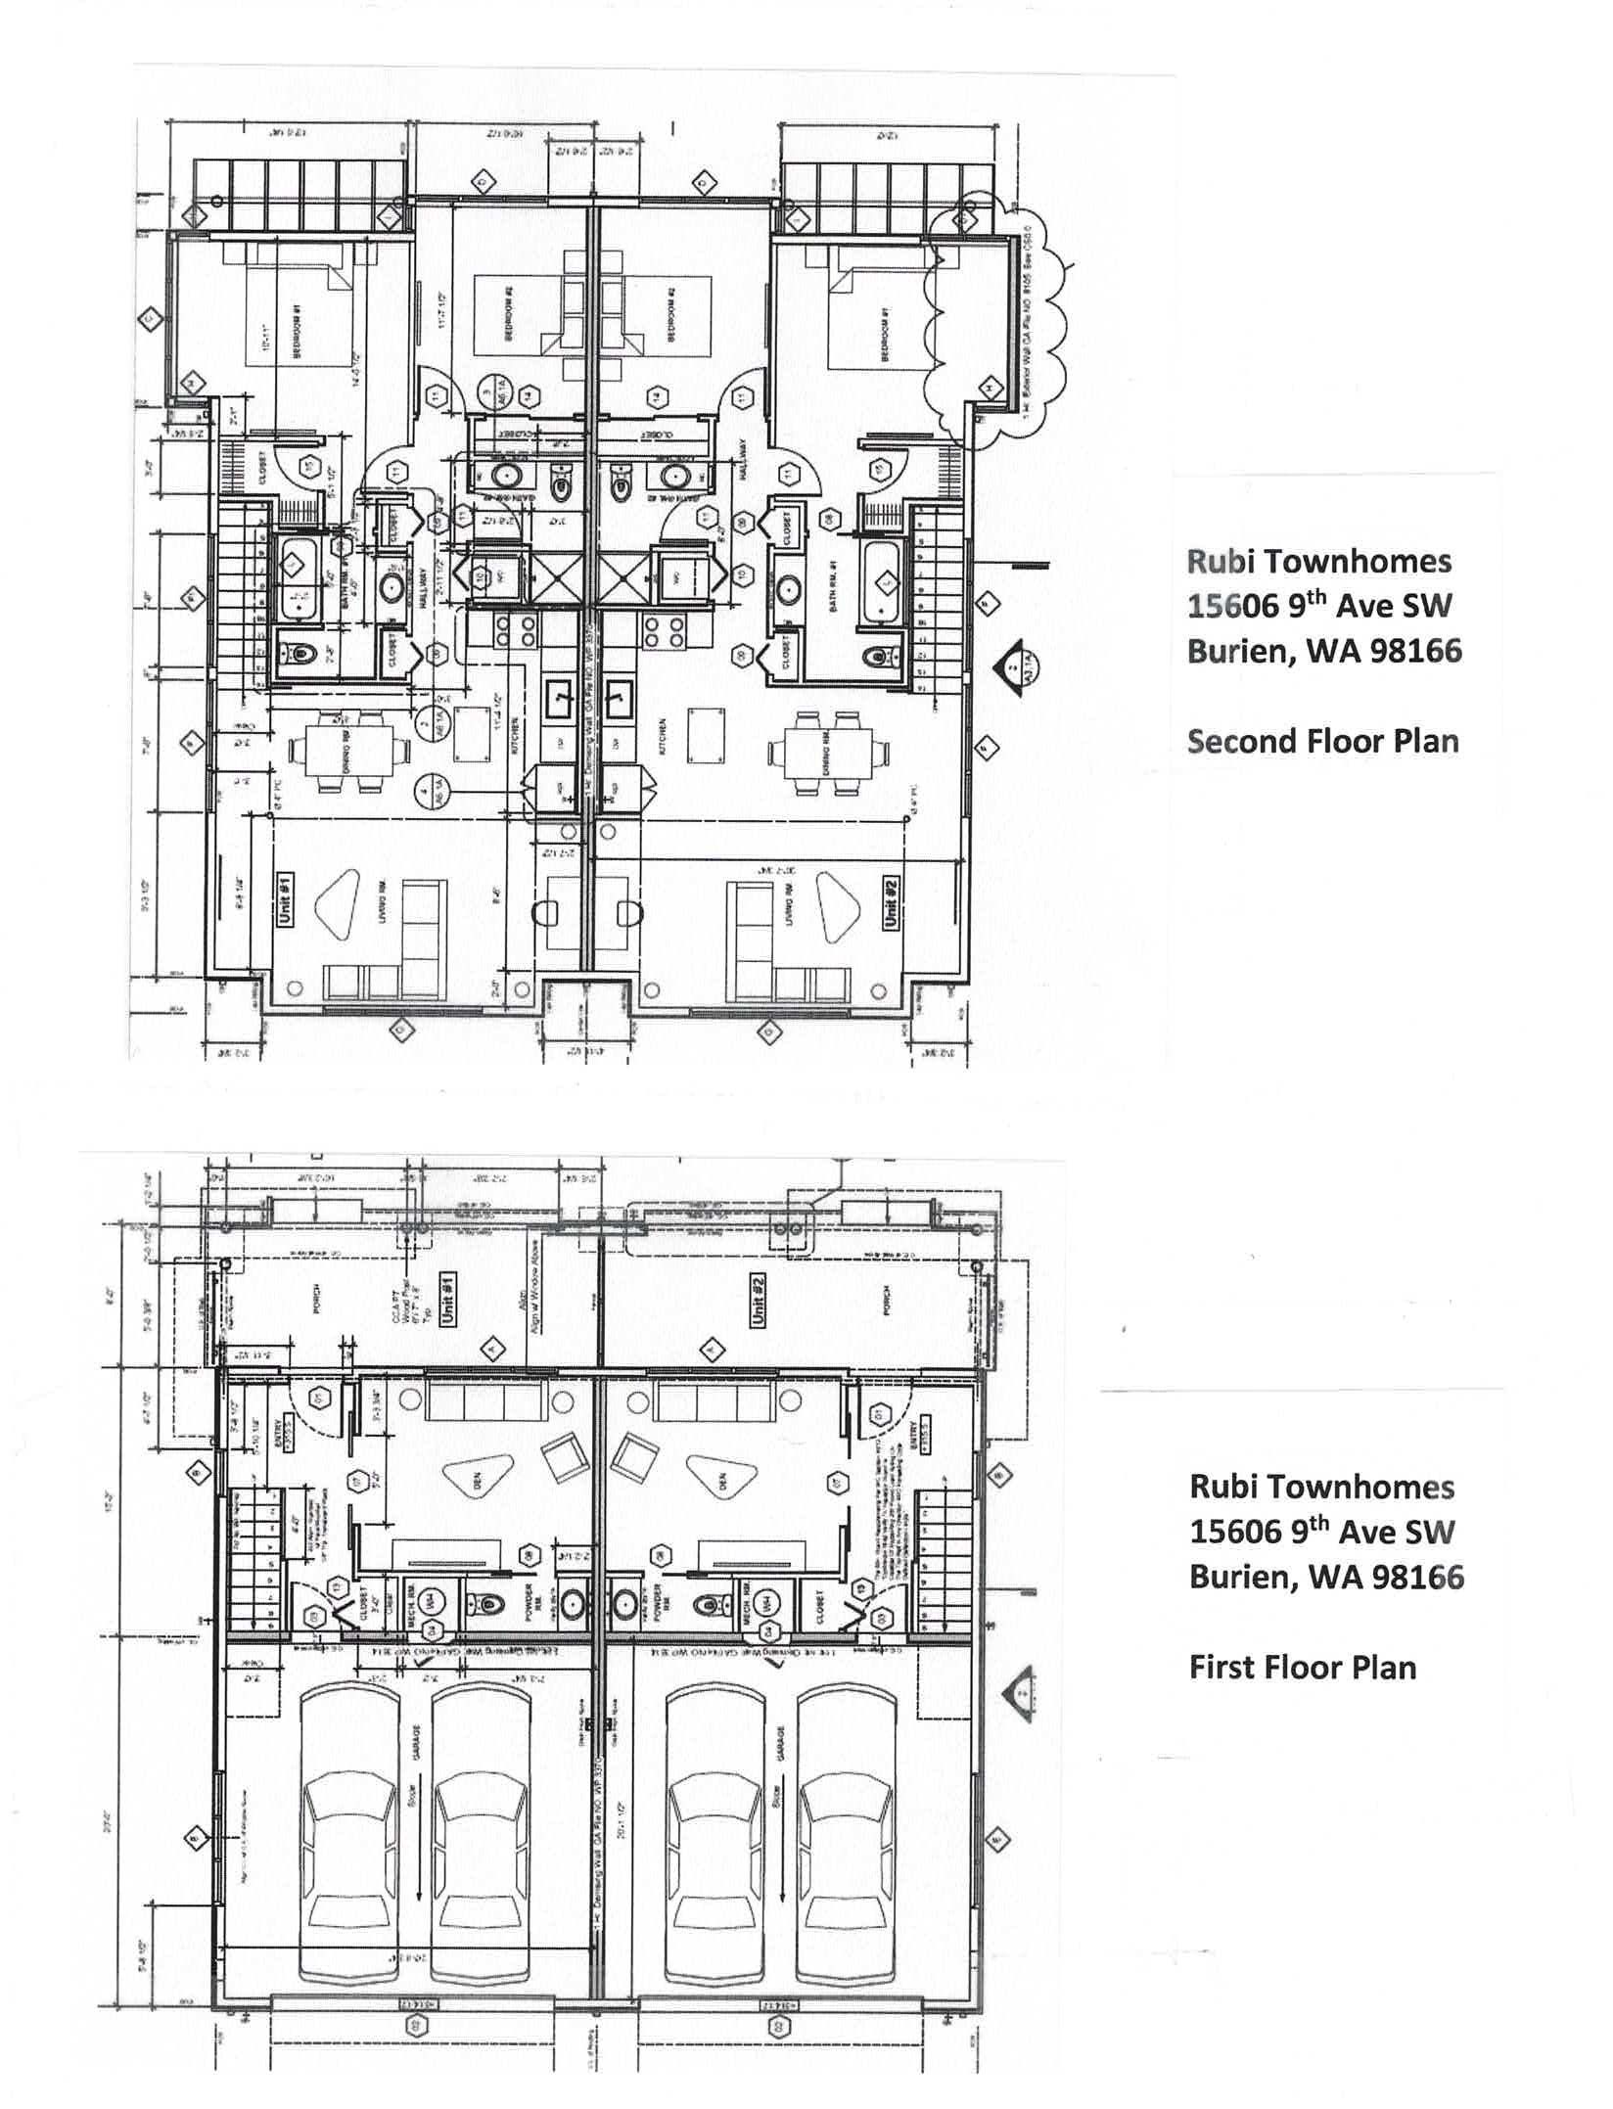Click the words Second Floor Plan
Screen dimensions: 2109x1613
coord(1322,741)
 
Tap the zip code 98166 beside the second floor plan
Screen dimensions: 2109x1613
coord(1410,651)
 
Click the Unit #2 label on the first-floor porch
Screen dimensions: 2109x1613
coord(759,1301)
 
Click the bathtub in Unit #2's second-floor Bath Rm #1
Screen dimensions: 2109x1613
coord(883,583)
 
